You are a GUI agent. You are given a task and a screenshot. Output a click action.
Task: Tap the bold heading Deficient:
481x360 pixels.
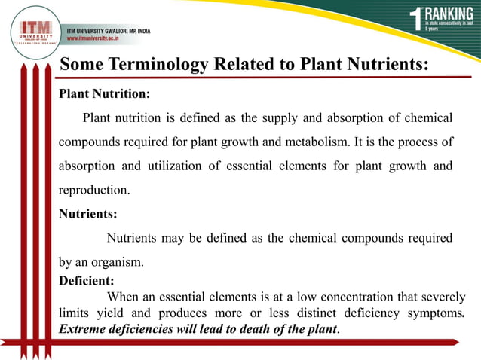coord(87,282)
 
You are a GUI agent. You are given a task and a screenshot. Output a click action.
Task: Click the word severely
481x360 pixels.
coord(442,297)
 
